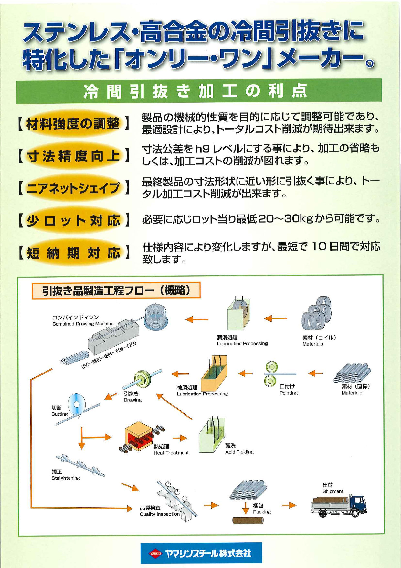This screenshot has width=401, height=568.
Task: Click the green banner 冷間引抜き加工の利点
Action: [199, 91]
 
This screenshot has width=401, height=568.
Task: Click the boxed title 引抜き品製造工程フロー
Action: [116, 290]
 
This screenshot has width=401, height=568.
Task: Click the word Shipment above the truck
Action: [333, 491]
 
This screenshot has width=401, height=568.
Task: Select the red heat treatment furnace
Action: [139, 436]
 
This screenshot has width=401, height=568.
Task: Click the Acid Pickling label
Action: [239, 452]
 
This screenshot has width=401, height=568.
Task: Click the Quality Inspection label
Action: [160, 514]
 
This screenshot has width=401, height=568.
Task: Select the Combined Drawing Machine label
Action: [83, 324]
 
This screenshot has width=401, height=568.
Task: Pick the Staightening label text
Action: [66, 478]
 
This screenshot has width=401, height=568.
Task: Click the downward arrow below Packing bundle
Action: [246, 508]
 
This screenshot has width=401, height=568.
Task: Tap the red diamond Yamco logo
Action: [155, 553]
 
